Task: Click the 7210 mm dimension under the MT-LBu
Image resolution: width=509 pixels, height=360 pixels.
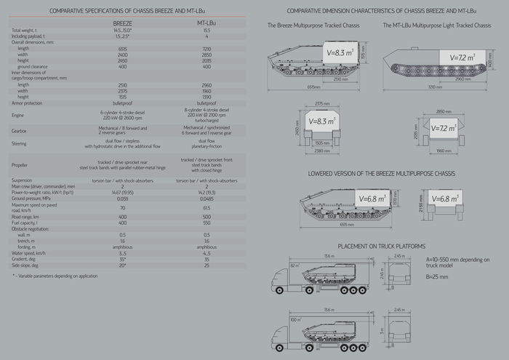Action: [x=434, y=85]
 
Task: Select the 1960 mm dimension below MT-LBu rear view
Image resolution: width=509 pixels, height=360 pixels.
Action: [x=443, y=151]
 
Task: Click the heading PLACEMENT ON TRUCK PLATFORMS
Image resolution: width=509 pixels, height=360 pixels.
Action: [x=381, y=246]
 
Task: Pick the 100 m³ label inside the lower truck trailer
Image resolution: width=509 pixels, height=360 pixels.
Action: [x=294, y=319]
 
